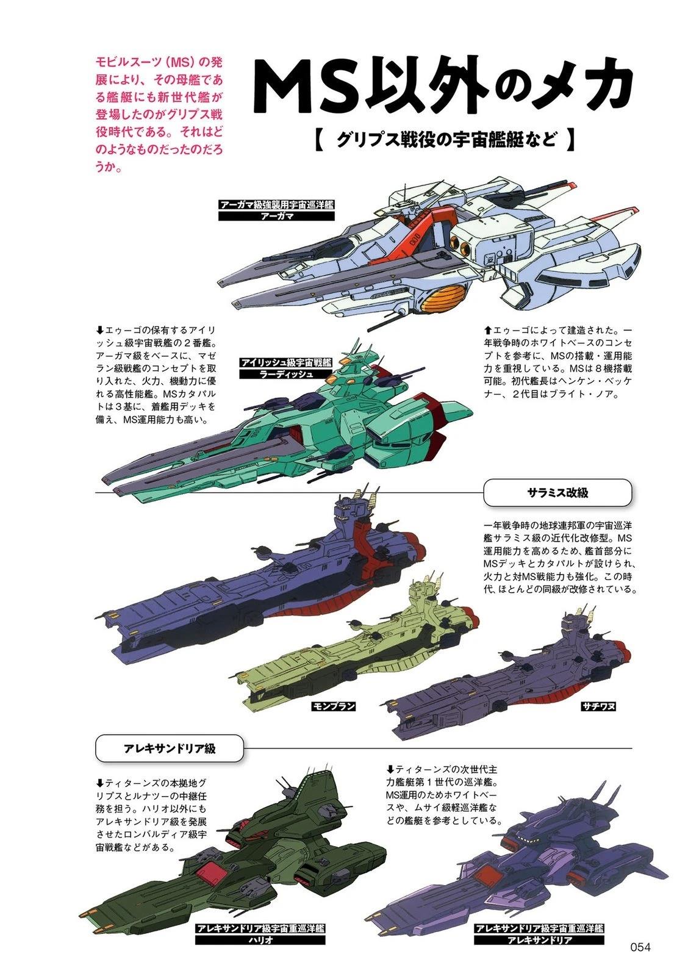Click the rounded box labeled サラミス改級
tap(557, 493)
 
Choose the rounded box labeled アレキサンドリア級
tap(169, 748)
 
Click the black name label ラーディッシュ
tap(286, 373)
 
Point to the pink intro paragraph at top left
tap(159, 114)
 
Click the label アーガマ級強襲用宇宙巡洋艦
tap(277, 205)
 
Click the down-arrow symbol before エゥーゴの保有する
tap(100, 331)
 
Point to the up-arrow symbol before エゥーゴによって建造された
tap(488, 330)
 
